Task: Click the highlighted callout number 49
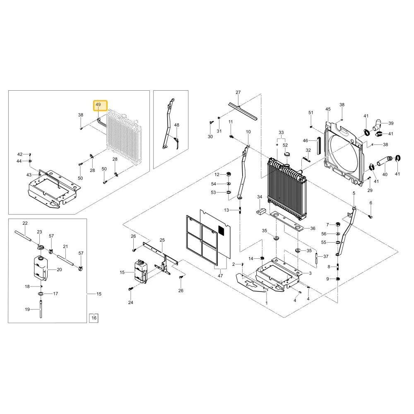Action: [x=98, y=105]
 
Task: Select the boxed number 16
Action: [x=94, y=318]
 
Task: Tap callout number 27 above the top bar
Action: [x=238, y=92]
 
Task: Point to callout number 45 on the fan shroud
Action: [x=328, y=109]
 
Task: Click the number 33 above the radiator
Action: [x=281, y=132]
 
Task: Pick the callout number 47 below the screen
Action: [x=220, y=276]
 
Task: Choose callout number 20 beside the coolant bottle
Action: [x=59, y=270]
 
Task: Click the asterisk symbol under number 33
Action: [x=277, y=145]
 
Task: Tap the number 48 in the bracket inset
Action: [x=177, y=125]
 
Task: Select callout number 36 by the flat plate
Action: [x=313, y=229]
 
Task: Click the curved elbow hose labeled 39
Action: [x=377, y=125]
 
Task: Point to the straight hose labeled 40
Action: [x=385, y=161]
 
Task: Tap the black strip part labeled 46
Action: [x=319, y=146]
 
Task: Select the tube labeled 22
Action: [x=23, y=236]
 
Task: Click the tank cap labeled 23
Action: [x=41, y=248]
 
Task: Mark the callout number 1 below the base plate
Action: [x=267, y=303]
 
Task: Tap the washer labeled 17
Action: [x=41, y=294]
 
